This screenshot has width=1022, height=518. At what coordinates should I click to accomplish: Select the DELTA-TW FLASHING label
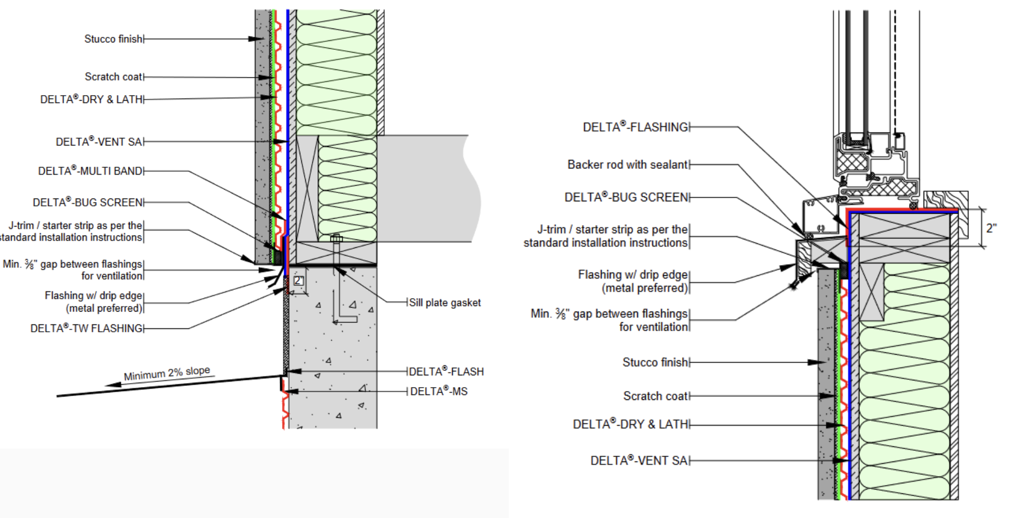tap(87, 328)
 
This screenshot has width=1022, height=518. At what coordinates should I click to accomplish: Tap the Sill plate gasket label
tap(444, 303)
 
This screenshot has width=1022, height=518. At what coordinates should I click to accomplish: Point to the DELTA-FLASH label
tap(446, 371)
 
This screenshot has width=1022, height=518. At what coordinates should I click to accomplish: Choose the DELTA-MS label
tap(438, 392)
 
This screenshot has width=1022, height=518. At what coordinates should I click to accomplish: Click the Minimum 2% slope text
tap(167, 373)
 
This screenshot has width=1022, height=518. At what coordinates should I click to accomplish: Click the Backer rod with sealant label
tap(627, 164)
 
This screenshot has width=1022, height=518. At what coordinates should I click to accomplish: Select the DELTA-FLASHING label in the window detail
tap(635, 127)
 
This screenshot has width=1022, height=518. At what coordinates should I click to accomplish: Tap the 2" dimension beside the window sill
tap(991, 228)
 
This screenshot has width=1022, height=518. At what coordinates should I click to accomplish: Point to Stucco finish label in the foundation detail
tap(113, 39)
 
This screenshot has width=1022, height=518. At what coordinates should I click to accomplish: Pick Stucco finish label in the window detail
tap(655, 362)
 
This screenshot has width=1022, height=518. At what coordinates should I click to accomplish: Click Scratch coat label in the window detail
tap(656, 396)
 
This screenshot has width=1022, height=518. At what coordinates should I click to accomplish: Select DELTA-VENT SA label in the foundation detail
tap(99, 142)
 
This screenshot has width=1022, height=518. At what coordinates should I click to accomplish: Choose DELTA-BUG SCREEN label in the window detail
tap(626, 197)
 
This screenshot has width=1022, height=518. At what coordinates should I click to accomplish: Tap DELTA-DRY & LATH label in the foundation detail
tap(92, 100)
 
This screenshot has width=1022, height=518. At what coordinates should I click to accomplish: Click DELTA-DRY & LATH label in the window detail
tap(630, 425)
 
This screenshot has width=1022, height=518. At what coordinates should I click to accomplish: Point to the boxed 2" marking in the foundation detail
tap(299, 281)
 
